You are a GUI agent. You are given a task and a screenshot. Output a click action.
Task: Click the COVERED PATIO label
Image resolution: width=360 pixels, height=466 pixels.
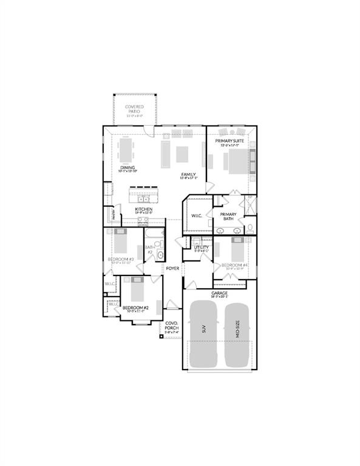[x=134, y=109]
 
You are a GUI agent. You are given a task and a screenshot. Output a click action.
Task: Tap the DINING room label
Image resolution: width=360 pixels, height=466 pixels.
[x=127, y=168]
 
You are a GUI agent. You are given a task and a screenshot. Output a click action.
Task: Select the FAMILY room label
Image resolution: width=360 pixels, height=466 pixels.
[x=188, y=175]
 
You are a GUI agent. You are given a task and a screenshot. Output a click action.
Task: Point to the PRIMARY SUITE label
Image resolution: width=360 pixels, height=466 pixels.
[x=229, y=141]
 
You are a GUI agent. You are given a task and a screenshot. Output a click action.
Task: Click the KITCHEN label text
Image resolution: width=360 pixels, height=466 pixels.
[x=143, y=209]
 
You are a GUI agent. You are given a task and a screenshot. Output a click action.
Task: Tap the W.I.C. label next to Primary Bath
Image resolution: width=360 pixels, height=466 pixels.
[x=196, y=215]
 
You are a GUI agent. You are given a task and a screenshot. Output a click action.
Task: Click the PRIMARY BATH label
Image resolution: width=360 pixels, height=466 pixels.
[x=228, y=216]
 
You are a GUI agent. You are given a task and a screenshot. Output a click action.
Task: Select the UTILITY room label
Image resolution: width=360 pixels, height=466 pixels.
[x=202, y=248]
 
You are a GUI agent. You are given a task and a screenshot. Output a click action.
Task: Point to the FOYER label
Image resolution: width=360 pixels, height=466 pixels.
[x=173, y=268]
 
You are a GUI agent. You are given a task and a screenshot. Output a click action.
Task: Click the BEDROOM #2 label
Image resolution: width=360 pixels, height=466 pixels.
[x=136, y=308]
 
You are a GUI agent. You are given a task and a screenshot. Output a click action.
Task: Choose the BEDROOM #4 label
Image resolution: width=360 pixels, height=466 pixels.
[x=233, y=266]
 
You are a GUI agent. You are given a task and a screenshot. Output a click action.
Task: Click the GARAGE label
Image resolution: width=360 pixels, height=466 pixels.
[x=220, y=293]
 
